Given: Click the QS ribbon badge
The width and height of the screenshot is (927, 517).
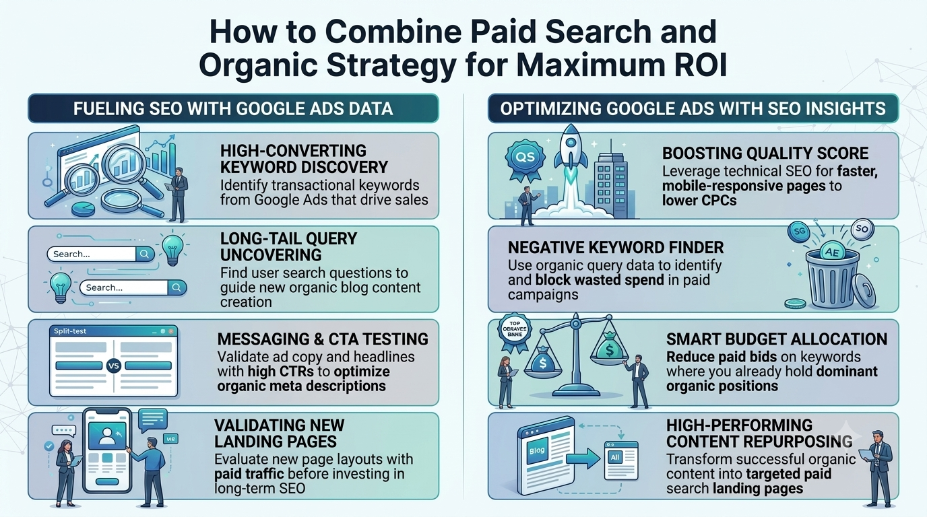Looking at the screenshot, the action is click(x=525, y=160).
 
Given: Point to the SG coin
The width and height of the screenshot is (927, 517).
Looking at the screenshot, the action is click(x=799, y=232).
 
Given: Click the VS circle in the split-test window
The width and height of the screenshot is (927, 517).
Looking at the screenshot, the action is click(x=113, y=366).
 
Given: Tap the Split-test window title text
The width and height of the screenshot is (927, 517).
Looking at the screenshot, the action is click(x=70, y=331).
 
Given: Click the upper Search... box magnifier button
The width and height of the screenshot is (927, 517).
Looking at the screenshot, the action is click(x=145, y=254).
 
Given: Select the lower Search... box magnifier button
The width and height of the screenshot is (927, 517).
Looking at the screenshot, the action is click(x=177, y=287).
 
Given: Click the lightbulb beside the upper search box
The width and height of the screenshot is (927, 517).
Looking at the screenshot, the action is click(x=172, y=249).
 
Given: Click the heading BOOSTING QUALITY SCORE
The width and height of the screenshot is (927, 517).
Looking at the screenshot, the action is click(x=765, y=153).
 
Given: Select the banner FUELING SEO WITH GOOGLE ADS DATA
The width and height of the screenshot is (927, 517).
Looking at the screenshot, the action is click(x=233, y=108).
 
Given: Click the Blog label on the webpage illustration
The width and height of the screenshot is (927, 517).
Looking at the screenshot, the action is click(x=537, y=450).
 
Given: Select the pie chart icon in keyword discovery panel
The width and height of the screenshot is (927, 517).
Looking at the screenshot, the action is click(x=83, y=209).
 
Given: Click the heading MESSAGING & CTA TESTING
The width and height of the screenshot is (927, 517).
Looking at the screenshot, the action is click(x=323, y=339).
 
